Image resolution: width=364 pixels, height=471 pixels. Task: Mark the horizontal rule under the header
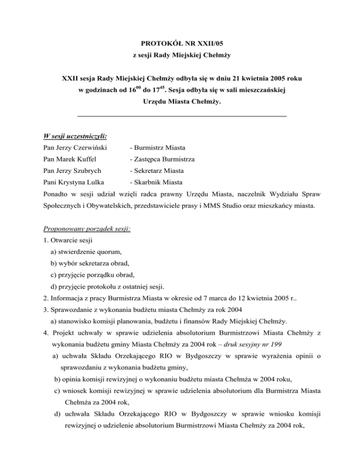click(x=182, y=115)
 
